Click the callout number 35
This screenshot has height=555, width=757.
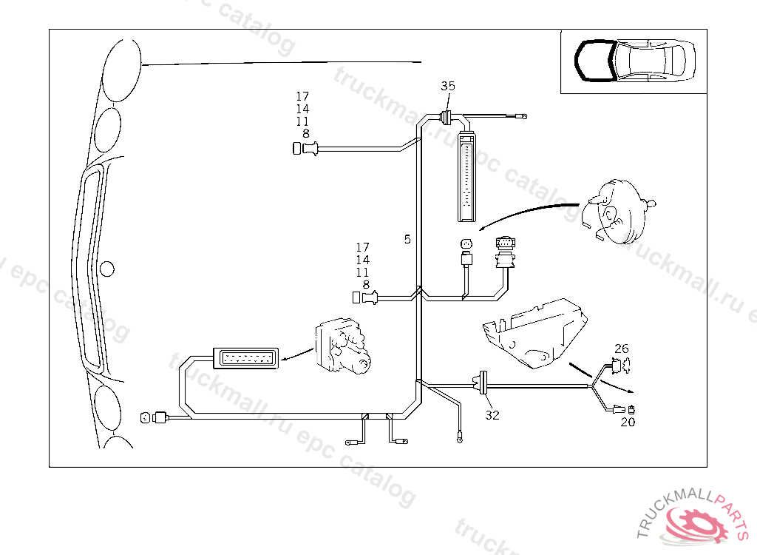[448, 86]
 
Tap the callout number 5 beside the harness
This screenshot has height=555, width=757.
[407, 239]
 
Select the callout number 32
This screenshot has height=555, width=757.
[492, 415]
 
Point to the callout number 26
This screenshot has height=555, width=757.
[622, 348]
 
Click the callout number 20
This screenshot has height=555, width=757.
[628, 423]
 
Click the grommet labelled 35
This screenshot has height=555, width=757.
[447, 116]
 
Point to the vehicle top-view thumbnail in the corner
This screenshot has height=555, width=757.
[634, 61]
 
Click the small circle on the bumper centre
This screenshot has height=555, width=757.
[107, 268]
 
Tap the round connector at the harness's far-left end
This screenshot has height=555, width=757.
[145, 418]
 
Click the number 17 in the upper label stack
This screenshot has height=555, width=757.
[302, 96]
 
